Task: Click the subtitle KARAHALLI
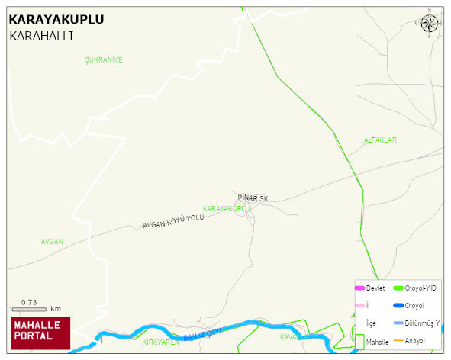[41, 36]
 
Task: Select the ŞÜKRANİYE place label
[105, 59]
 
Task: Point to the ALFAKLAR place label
[380, 140]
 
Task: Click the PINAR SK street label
[253, 198]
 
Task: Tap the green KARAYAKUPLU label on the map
[227, 208]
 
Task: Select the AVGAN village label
[52, 242]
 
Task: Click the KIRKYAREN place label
[160, 342]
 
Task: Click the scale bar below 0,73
[30, 309]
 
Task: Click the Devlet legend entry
[375, 288]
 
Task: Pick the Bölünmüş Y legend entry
[422, 323]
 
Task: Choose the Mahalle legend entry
[377, 342]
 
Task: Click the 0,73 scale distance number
[29, 302]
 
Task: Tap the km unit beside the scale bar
[56, 309]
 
